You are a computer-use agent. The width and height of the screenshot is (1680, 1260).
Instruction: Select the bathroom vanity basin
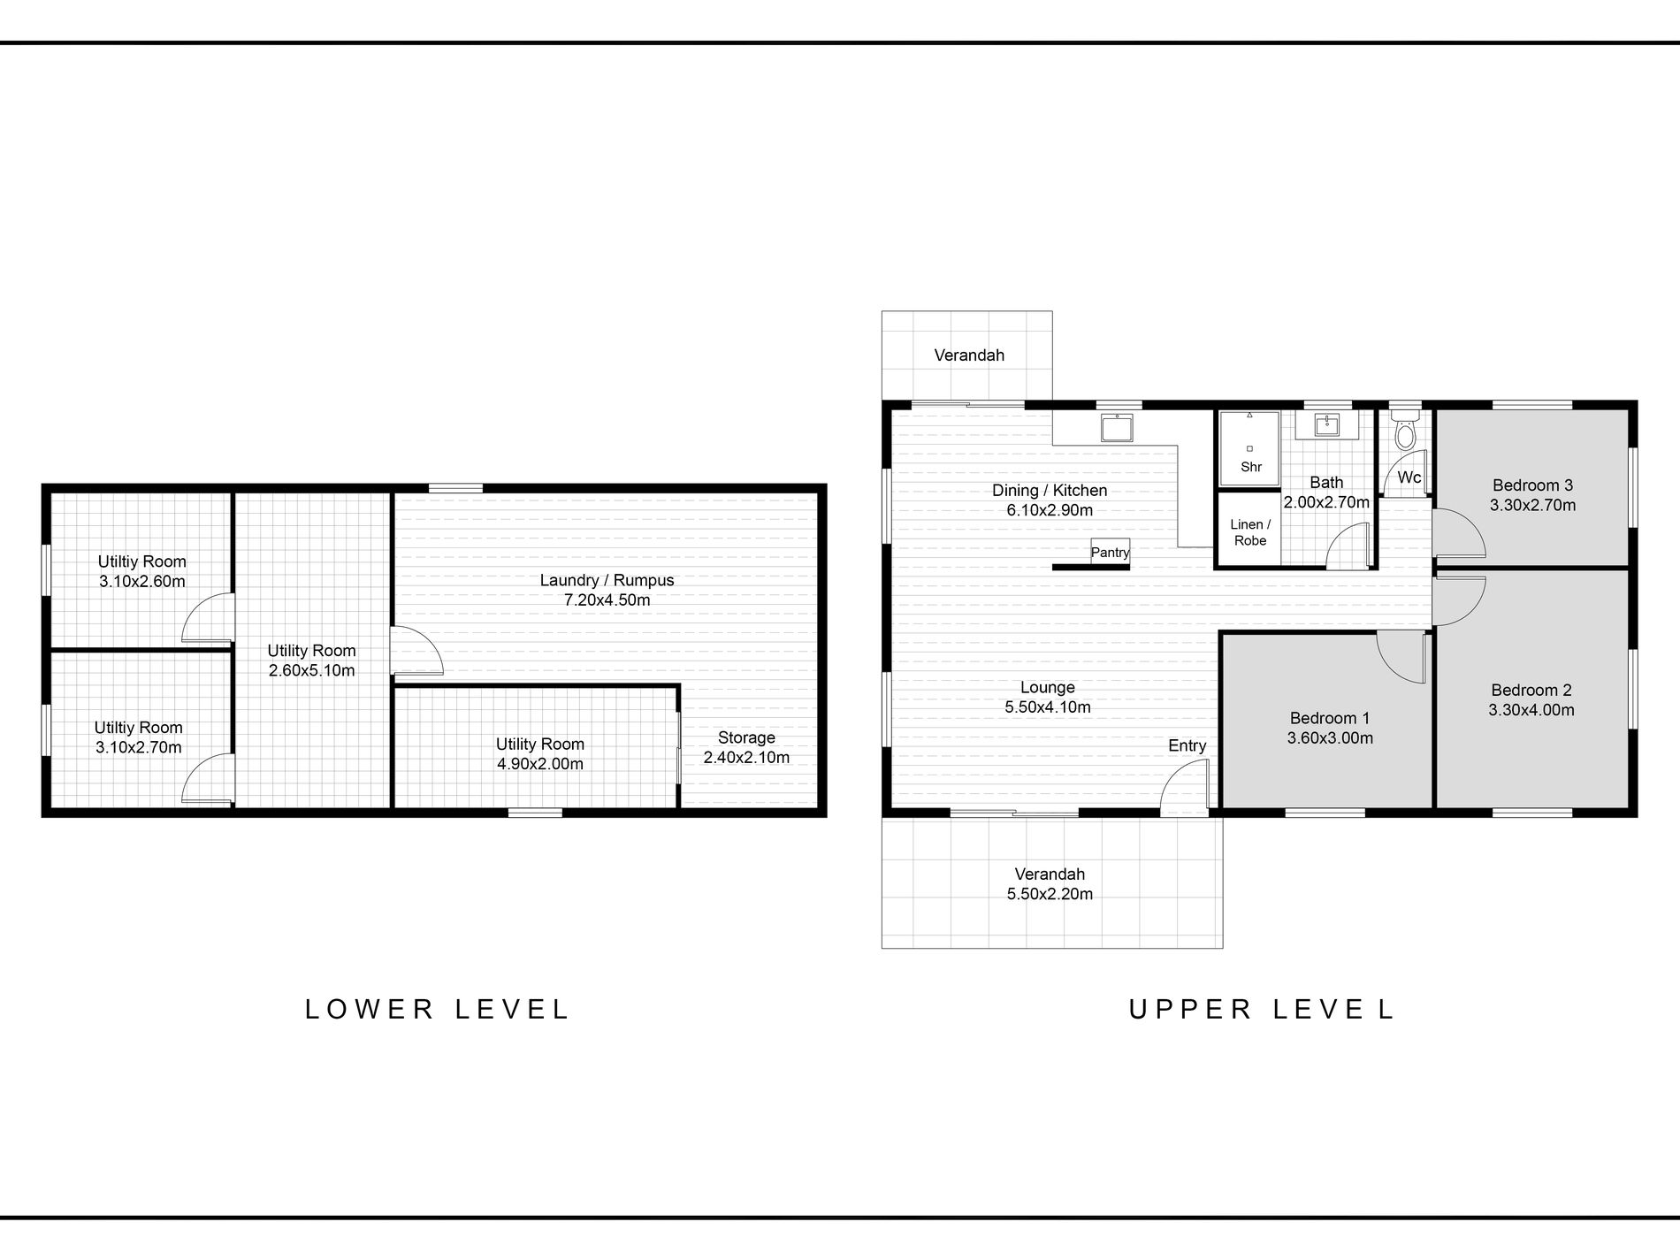[x=1325, y=425]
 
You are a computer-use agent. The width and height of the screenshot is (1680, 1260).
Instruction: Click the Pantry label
[x=1110, y=552]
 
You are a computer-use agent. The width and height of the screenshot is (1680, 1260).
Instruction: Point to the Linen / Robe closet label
[x=1250, y=532]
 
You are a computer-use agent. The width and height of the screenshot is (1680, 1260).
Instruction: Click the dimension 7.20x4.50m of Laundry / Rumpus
[x=607, y=600]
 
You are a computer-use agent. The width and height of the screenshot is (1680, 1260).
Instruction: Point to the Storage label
[x=746, y=737]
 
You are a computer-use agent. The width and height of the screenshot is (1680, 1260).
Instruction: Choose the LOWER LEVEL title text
[x=438, y=1009]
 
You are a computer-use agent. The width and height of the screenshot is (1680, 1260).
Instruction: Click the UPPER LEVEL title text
[x=1262, y=1009]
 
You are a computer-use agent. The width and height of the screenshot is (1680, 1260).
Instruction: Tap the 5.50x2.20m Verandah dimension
[x=1050, y=894]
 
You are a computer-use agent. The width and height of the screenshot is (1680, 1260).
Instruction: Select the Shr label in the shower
[x=1251, y=467]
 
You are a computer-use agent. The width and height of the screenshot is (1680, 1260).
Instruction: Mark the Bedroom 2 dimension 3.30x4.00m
[x=1531, y=710]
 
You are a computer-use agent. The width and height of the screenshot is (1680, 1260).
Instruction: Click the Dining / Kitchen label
[x=1050, y=491]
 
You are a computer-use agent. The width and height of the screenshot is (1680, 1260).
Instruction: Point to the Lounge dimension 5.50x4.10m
[x=1048, y=707]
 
